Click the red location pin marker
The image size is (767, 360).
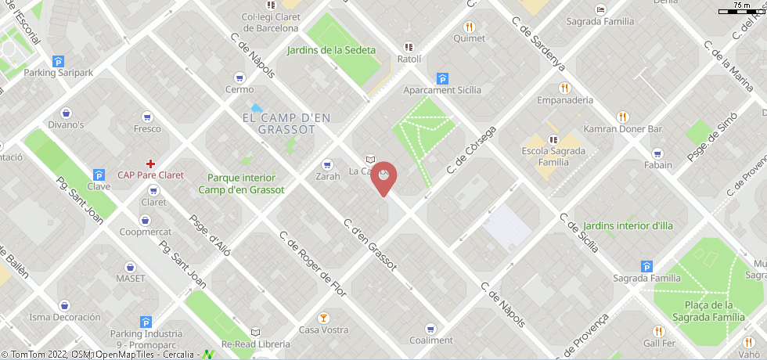tap(383, 178)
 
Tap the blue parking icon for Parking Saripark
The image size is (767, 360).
tap(58, 62)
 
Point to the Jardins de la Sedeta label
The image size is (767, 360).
tap(331, 50)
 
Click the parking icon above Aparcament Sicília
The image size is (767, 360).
tap(442, 78)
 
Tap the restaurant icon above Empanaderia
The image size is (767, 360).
tap(564, 88)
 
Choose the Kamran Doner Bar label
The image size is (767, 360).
tap(623, 128)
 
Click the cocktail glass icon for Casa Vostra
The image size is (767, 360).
tap(323, 318)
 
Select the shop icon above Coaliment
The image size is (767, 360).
tap(430, 329)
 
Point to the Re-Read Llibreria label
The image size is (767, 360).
tap(255, 344)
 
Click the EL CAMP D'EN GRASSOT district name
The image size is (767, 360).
tap(286, 123)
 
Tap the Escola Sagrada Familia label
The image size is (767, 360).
tap(553, 157)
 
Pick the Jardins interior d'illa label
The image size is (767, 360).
tap(628, 226)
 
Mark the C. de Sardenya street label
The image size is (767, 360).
tap(537, 54)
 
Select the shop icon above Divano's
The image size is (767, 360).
tap(66, 113)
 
